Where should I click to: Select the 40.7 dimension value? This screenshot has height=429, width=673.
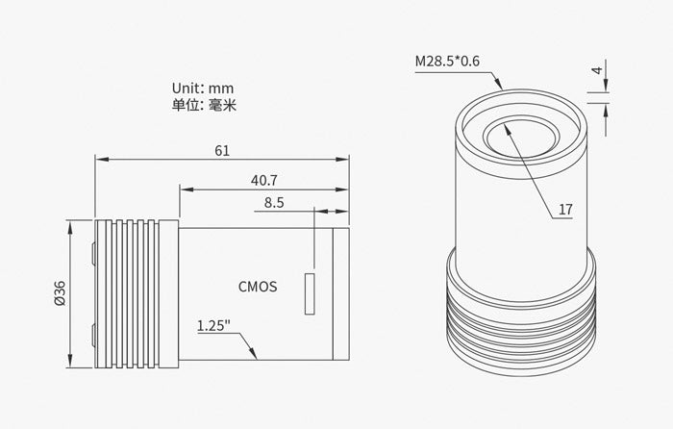264,179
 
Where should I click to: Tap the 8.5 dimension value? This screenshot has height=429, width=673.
273,202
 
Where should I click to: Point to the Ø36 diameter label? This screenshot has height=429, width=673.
61,292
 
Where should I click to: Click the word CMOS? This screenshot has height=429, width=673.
257,286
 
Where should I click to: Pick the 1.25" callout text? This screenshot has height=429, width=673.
212,325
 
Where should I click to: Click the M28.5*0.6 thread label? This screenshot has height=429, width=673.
447,63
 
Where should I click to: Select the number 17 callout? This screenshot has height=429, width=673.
565,208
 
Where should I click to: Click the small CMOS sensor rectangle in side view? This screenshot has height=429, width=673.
309,293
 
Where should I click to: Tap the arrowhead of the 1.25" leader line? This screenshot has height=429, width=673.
255,356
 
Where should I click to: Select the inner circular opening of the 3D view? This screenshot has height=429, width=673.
519,139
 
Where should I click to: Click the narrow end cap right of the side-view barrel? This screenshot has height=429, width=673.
340,292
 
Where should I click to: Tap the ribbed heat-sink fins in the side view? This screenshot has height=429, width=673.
137,292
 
